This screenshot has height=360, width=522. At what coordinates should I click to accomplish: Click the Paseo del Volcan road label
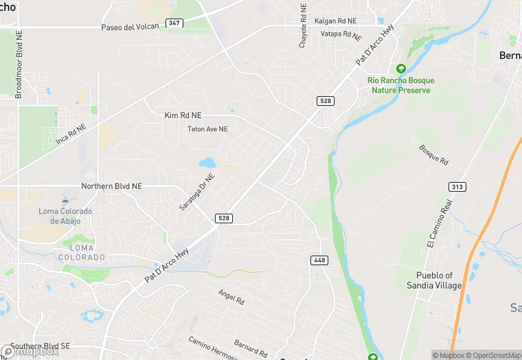pos(130,26)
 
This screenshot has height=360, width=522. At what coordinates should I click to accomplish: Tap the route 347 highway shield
pos(174,23)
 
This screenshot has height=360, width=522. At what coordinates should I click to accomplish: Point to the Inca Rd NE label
pos(71,134)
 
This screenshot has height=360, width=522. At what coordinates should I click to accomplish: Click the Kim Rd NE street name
pos(182,115)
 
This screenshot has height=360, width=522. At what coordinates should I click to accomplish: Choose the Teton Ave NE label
pos(207,129)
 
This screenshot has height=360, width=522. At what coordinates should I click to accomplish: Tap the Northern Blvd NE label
pos(111,186)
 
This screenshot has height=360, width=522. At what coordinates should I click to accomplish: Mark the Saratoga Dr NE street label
pos(197,192)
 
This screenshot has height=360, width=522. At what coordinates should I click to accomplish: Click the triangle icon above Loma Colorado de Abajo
pos(65,199)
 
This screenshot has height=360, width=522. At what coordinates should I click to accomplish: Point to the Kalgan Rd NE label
pos(336,21)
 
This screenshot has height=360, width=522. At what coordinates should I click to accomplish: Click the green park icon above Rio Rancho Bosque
pos(401,69)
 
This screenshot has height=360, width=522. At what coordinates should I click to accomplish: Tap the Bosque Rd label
pos(433,155)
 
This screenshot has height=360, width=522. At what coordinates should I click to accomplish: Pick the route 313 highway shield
pos(457,187)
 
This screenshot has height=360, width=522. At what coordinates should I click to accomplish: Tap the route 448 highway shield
pos(319,260)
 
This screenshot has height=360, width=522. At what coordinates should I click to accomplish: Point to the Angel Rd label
pos(231,297)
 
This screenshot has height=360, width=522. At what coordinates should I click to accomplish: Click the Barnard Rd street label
pos(250,348)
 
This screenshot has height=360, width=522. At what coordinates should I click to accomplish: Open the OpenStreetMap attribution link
pos(497,355)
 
